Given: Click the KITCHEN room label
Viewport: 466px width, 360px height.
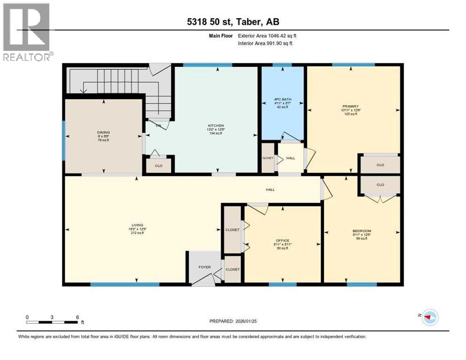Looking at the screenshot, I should click(x=216, y=126).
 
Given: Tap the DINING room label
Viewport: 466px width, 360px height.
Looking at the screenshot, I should click(x=103, y=133).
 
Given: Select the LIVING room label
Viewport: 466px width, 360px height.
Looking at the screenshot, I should click(x=137, y=225).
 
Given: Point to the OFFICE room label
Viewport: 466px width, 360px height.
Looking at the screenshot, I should click(x=282, y=240).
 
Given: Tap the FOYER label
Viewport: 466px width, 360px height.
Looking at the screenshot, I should click(x=204, y=267).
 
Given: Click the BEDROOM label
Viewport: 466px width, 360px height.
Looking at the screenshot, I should click(x=361, y=231).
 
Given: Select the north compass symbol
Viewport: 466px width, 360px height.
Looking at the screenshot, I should click(x=429, y=317).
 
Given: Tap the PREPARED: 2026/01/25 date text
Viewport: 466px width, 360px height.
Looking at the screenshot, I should click(x=234, y=322).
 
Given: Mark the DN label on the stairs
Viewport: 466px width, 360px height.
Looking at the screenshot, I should click(x=158, y=126).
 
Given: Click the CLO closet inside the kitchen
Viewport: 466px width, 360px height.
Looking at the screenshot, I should click(x=158, y=165).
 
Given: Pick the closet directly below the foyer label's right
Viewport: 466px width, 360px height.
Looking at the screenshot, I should click(x=233, y=270).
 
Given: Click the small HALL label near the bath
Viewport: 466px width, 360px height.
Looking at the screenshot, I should click(x=291, y=158).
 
